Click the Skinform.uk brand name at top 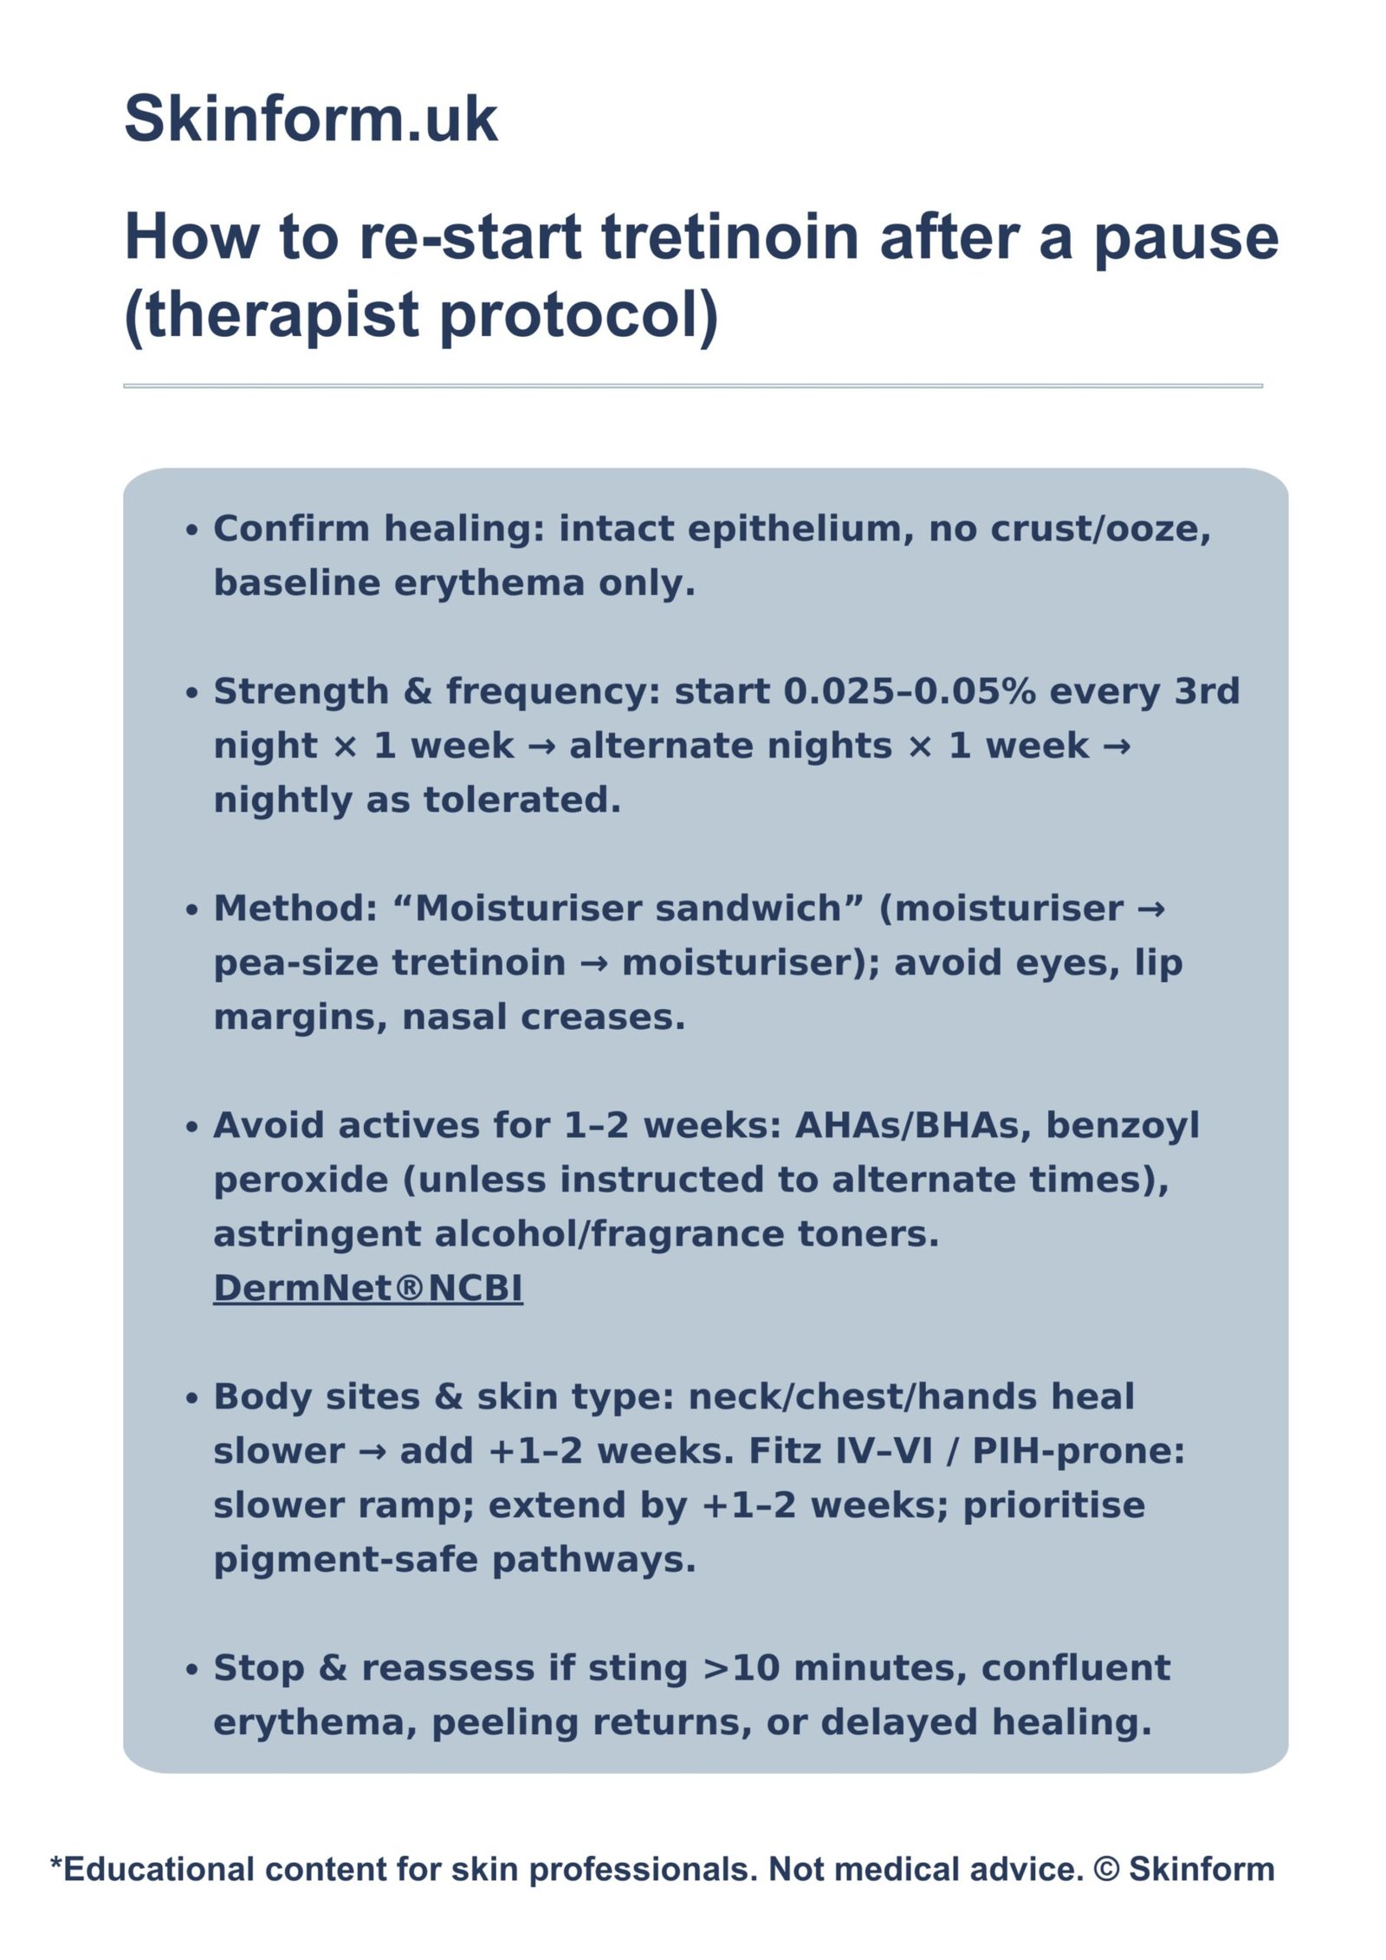pyautogui.click(x=310, y=118)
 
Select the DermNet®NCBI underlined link pyautogui.click(x=368, y=1288)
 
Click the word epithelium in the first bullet pyautogui.click(x=801, y=529)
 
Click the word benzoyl pyautogui.click(x=1123, y=1126)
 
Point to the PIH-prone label pyautogui.click(x=1078, y=1451)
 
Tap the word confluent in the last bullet pyautogui.click(x=1076, y=1668)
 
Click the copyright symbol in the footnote pyautogui.click(x=1106, y=1869)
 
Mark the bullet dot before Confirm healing pyautogui.click(x=192, y=530)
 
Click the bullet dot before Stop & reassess pyautogui.click(x=192, y=1670)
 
